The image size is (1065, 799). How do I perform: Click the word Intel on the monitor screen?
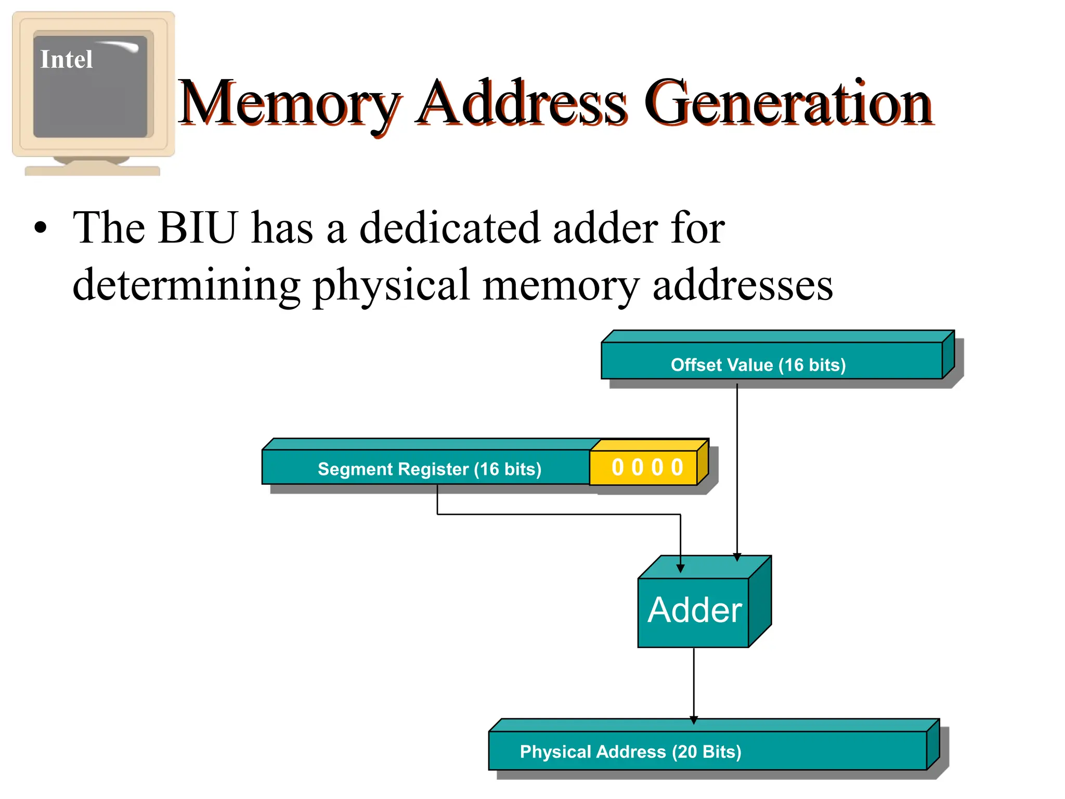pos(67,59)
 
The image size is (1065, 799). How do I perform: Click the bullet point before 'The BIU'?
pos(40,228)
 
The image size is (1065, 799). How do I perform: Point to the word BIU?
pos(198,227)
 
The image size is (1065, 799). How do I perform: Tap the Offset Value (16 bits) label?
pos(758,365)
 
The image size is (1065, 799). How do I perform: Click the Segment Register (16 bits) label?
pos(429,469)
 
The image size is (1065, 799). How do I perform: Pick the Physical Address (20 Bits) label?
pos(630,752)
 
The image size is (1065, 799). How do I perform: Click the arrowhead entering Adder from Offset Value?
pos(737,557)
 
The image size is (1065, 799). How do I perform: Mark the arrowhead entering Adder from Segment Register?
pos(680,569)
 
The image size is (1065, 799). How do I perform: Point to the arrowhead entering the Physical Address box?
pos(693,720)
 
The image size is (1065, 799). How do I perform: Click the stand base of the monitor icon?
pos(93,170)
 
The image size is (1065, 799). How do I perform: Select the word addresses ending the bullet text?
pos(743,286)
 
